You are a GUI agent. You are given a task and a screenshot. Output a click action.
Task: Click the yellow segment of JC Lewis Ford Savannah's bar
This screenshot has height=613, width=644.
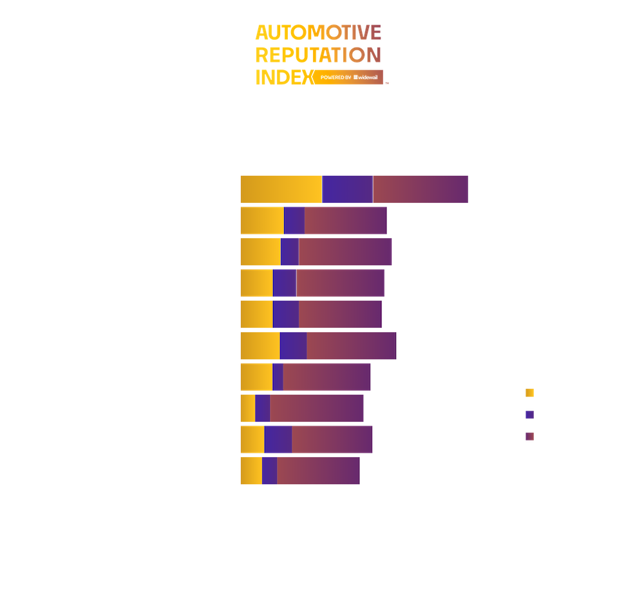click(x=281, y=189)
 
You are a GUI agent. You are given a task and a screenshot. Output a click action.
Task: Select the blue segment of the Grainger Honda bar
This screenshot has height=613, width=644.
click(x=293, y=346)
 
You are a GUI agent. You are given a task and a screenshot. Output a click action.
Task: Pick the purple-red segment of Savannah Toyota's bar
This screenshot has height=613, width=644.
click(x=340, y=283)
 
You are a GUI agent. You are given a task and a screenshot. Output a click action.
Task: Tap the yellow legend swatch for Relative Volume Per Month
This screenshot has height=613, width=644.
click(x=529, y=391)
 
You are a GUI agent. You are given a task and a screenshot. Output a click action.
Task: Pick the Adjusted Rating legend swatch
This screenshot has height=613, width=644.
click(x=529, y=437)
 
